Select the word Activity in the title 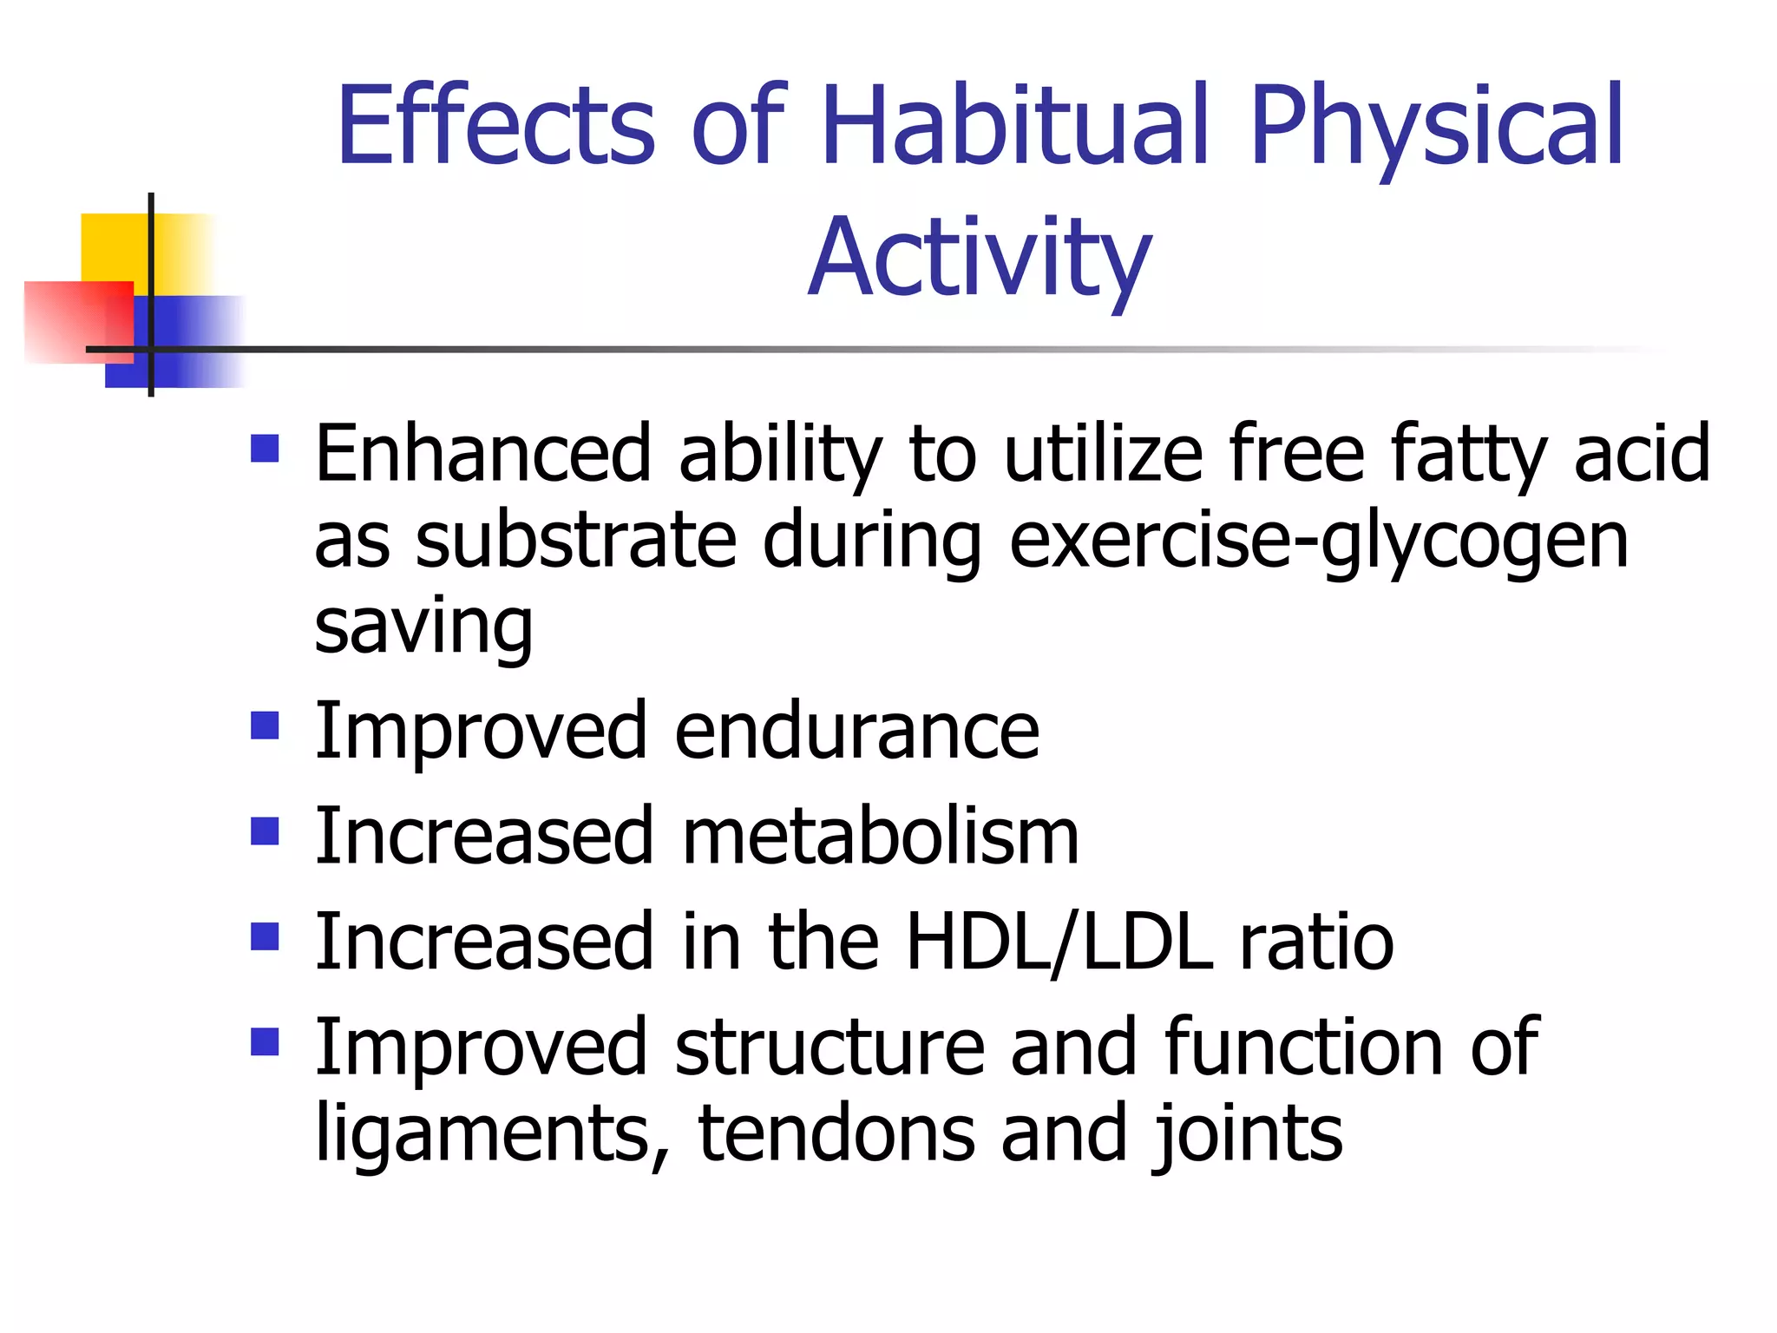(980, 259)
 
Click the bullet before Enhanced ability (265, 449)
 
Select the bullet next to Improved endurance (265, 726)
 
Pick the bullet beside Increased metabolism (265, 831)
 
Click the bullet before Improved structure (265, 1041)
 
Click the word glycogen (1474, 542)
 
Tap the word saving (423, 627)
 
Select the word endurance (856, 731)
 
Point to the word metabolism (881, 837)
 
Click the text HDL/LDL (1059, 942)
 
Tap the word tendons (836, 1133)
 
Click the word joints (1247, 1135)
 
